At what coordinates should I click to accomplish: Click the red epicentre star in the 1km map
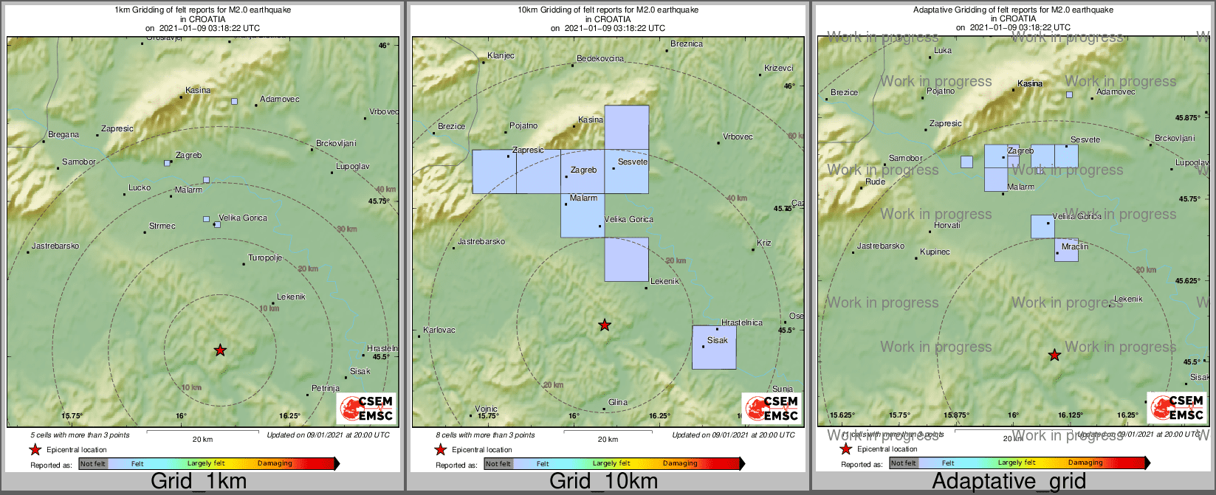coord(220,350)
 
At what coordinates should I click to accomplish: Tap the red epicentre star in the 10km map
coord(605,325)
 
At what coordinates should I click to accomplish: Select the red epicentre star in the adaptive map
coord(1055,356)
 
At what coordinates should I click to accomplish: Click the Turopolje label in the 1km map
coord(265,258)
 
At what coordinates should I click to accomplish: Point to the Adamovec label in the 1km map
coord(280,100)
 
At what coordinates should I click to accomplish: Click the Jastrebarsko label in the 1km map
coord(55,246)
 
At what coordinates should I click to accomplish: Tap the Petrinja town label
coord(326,388)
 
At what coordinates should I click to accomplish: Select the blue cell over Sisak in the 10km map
coord(714,347)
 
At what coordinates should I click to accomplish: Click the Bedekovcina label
coord(600,59)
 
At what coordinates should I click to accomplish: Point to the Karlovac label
coord(439,330)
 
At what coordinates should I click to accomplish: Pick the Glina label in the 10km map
coord(618,403)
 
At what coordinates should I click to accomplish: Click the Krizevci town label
coord(779,69)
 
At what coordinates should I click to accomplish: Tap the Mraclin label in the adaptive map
coord(1075,246)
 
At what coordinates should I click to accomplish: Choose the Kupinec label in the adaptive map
coord(935,252)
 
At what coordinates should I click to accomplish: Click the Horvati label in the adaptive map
coord(947,226)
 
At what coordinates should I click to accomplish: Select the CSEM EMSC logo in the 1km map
coord(367,408)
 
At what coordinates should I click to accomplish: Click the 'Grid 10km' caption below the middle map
coord(603,482)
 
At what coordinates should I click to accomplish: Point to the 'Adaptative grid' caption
coord(1009,482)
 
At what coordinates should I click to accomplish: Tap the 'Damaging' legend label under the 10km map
coord(680,464)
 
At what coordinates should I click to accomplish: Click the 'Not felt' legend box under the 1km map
coord(93,464)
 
